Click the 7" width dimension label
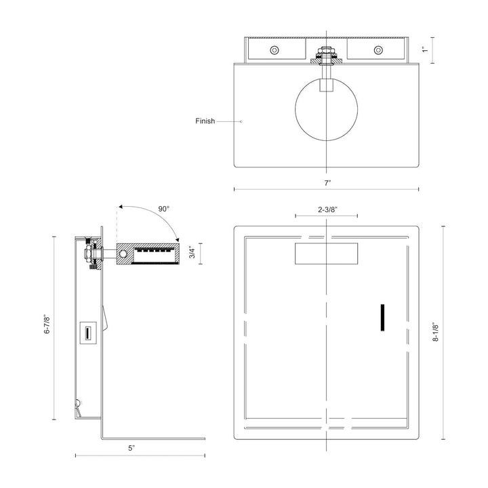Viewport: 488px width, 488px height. [x=327, y=183]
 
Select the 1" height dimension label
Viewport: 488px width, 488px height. [x=424, y=49]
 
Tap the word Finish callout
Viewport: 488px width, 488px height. [x=205, y=121]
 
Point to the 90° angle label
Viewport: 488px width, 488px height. [x=164, y=209]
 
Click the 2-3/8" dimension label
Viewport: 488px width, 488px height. [x=327, y=210]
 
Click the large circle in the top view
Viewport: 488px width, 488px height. [x=327, y=109]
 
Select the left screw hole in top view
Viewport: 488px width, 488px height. [x=274, y=50]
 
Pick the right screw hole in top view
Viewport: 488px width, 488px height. [x=378, y=50]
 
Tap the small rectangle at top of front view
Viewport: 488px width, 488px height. [x=327, y=254]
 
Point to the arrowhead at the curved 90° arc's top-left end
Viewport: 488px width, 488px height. [x=119, y=206]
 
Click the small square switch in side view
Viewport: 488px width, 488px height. [x=87, y=333]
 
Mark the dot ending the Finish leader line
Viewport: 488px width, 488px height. [x=242, y=121]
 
